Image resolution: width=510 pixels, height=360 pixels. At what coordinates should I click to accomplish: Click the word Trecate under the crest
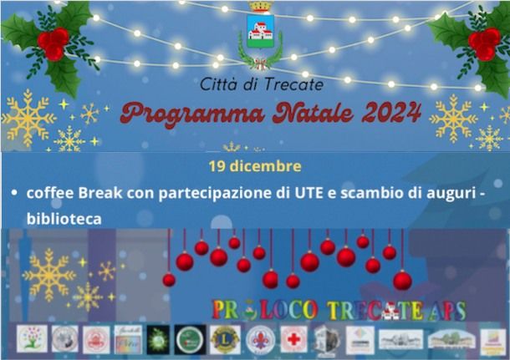(293, 84)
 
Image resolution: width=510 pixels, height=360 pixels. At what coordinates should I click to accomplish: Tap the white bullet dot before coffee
(14, 193)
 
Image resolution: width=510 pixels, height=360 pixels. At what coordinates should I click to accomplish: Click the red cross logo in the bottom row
(292, 338)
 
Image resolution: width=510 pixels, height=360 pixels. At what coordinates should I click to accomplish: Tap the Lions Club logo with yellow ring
(224, 339)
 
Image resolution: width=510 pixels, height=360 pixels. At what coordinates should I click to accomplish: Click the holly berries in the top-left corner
(52, 41)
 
